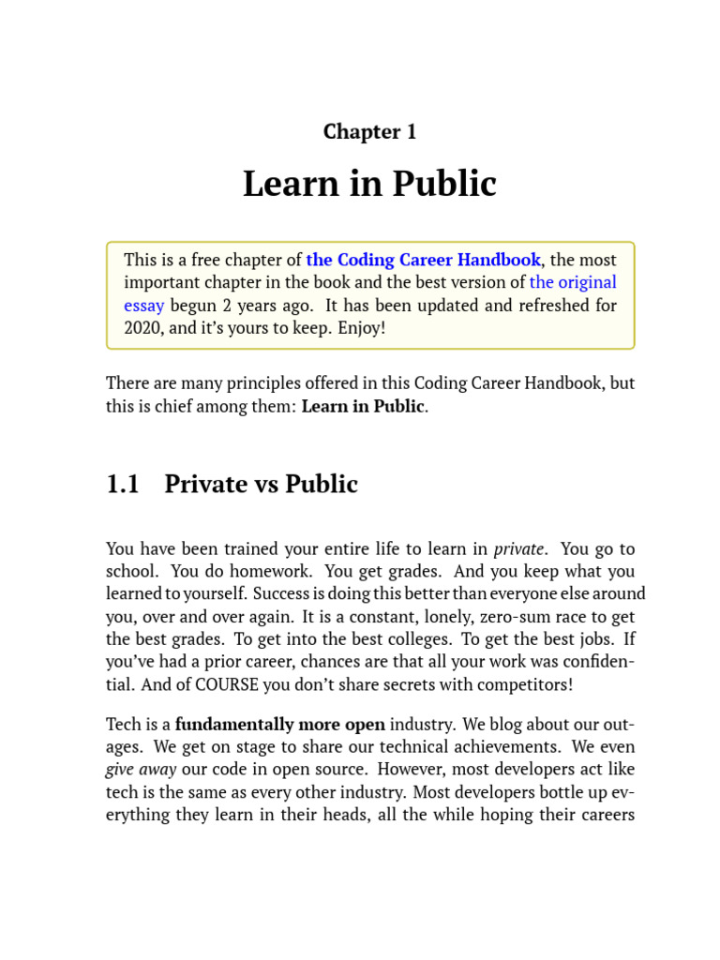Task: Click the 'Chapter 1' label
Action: pyautogui.click(x=369, y=132)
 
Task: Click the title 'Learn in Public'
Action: pyautogui.click(x=369, y=184)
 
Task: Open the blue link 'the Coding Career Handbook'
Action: pyautogui.click(x=423, y=260)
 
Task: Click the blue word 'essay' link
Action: pyautogui.click(x=144, y=305)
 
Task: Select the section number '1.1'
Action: pyautogui.click(x=123, y=485)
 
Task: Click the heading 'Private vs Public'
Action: pyautogui.click(x=261, y=485)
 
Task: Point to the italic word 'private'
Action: pyautogui.click(x=518, y=548)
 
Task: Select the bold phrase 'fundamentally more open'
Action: pyautogui.click(x=280, y=724)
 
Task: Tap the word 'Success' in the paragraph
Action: pyautogui.click(x=282, y=594)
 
